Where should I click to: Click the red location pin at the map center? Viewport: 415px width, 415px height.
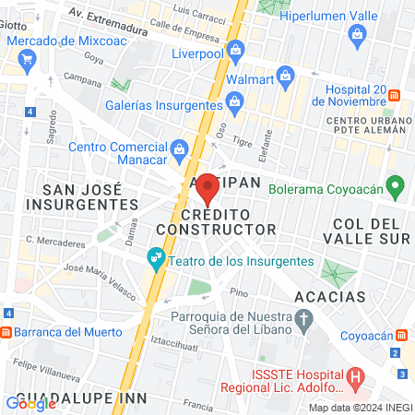pyautogui.click(x=208, y=188)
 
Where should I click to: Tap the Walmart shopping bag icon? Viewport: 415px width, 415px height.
pyautogui.click(x=286, y=75)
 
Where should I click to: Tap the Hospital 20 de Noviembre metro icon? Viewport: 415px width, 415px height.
pyautogui.click(x=395, y=95)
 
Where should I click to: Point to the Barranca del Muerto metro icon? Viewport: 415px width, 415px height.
pyautogui.click(x=6, y=333)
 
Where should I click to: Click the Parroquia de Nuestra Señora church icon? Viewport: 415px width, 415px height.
pyautogui.click(x=308, y=316)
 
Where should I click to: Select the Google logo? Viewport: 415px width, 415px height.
pyautogui.click(x=30, y=403)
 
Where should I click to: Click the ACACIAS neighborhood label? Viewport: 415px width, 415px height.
pyautogui.click(x=330, y=297)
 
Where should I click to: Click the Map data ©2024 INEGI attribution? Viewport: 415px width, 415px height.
pyautogui.click(x=360, y=408)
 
